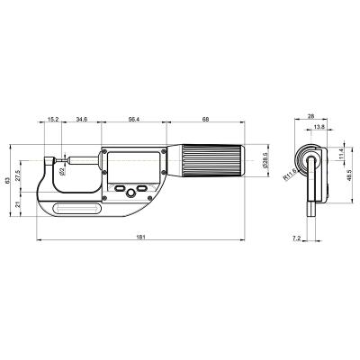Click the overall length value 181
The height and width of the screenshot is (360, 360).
[x=141, y=236]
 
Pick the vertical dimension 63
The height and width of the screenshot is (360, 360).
[x=7, y=181]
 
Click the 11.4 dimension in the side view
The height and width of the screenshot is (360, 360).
[x=341, y=156]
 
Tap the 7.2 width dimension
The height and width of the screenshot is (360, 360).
[x=297, y=238]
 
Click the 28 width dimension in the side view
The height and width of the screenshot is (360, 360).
[x=310, y=117]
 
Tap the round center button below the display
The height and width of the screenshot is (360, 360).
[x=131, y=192]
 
